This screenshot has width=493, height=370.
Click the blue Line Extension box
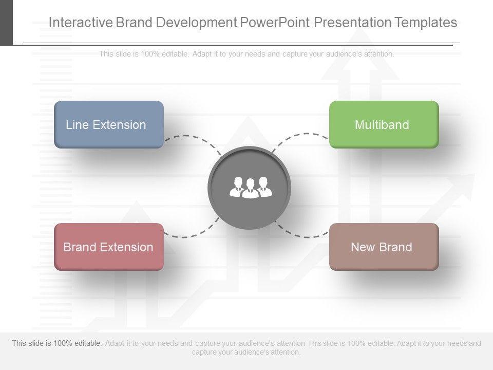click(x=109, y=124)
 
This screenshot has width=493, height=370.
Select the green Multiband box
click(x=384, y=124)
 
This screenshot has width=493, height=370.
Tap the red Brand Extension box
click(x=109, y=247)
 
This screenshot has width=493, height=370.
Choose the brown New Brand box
click(x=384, y=247)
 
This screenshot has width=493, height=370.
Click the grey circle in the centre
click(x=250, y=188)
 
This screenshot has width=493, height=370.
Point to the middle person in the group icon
click(x=250, y=189)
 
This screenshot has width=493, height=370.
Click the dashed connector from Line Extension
click(x=193, y=137)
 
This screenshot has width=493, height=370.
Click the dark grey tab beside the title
click(x=6, y=23)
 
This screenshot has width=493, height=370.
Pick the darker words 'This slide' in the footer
click(x=27, y=343)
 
